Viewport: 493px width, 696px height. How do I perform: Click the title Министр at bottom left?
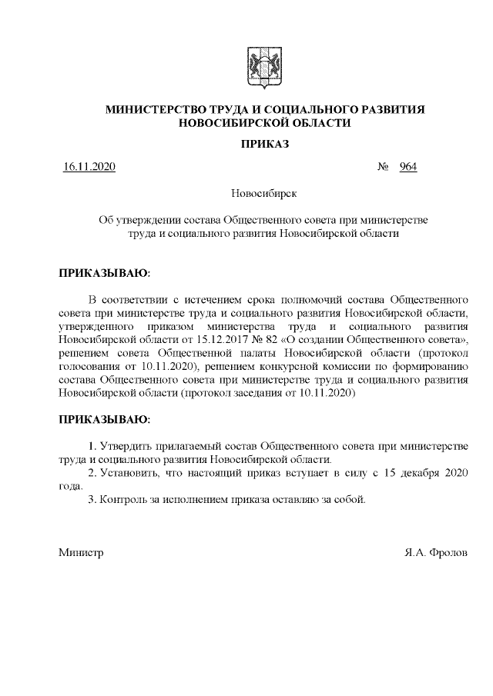81,553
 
